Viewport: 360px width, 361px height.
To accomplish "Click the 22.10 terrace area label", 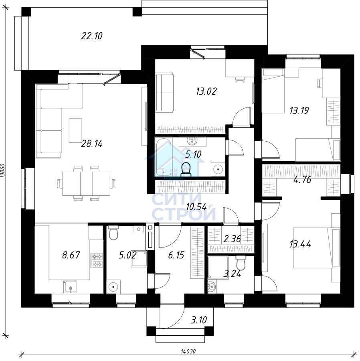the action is [91, 36].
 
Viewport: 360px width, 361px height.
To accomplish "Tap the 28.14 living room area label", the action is [91, 144].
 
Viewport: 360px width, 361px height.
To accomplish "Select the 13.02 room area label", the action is [206, 91].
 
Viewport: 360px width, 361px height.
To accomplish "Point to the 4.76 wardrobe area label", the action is [302, 179].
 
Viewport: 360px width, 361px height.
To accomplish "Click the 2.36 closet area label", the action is [232, 239].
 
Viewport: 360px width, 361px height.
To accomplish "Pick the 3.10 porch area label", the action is [199, 320].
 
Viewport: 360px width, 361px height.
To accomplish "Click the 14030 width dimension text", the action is [188, 351].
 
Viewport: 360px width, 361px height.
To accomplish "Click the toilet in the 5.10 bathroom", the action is [186, 169].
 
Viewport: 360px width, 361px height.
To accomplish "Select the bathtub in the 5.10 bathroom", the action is [164, 157].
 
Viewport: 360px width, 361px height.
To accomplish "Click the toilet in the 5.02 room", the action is [113, 233].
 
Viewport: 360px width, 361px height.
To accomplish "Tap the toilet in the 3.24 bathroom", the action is [241, 263].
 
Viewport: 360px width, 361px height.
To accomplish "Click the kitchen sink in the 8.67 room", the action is [71, 287].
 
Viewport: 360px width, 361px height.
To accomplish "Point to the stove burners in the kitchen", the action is [97, 260].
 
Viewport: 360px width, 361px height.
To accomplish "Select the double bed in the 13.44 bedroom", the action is [317, 248].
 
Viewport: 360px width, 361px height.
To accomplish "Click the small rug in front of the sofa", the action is [75, 130].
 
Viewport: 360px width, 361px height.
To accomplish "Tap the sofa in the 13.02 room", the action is [164, 93].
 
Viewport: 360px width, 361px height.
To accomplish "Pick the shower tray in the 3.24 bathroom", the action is [218, 268].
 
